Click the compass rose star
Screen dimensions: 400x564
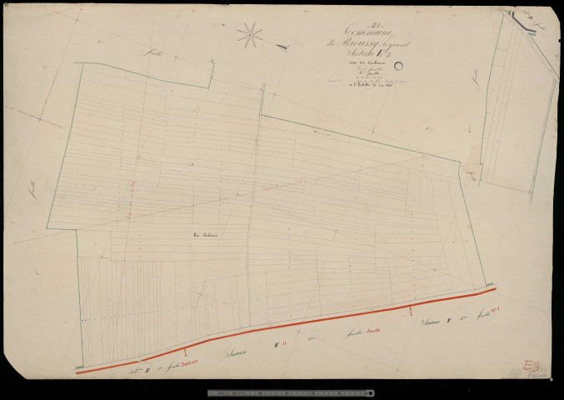click(x=249, y=34)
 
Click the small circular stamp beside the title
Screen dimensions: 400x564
click(x=398, y=66)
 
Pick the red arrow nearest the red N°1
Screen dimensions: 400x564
click(x=412, y=310)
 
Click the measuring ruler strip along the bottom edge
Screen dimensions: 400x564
click(x=291, y=392)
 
